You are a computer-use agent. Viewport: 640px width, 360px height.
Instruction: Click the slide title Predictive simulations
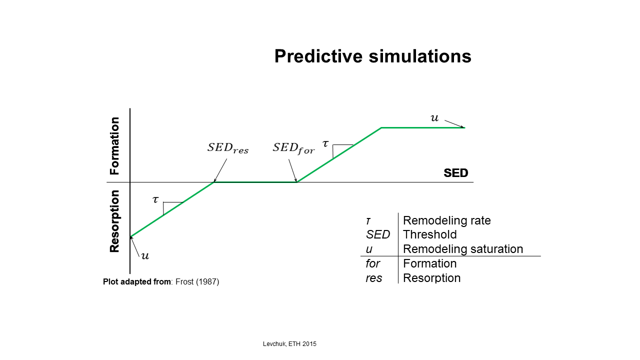point(372,56)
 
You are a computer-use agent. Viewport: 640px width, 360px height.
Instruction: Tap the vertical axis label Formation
point(114,145)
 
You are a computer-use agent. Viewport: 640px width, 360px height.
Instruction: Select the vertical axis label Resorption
point(114,221)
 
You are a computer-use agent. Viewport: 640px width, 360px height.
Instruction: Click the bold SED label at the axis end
point(455,173)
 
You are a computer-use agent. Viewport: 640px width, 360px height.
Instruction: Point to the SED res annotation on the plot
point(228,148)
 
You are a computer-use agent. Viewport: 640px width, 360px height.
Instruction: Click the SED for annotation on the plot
point(293,148)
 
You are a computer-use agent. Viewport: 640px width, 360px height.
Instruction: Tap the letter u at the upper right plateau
point(434,117)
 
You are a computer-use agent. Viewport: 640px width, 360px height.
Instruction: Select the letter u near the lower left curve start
point(145,255)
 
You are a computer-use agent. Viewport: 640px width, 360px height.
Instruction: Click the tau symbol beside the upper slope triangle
point(325,143)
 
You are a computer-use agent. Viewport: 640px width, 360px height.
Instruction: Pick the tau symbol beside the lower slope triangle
point(155,199)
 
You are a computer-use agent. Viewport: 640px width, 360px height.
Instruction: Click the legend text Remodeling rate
point(447,220)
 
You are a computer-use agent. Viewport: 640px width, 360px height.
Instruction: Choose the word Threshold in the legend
point(429,234)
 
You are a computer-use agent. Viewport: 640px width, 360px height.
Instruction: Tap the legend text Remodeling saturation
point(463,249)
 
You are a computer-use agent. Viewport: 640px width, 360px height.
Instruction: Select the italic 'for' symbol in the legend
point(373,263)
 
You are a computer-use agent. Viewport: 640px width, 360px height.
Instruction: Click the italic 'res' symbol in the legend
point(374,278)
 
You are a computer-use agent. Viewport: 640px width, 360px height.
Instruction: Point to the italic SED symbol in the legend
point(377,234)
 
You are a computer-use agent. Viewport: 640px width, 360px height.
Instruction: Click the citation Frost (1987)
point(197,281)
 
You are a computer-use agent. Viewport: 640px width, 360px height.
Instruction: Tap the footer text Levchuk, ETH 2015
point(289,344)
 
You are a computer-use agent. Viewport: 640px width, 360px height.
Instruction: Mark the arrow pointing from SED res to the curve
point(220,170)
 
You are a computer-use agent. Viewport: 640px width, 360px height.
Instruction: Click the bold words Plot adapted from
point(137,281)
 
